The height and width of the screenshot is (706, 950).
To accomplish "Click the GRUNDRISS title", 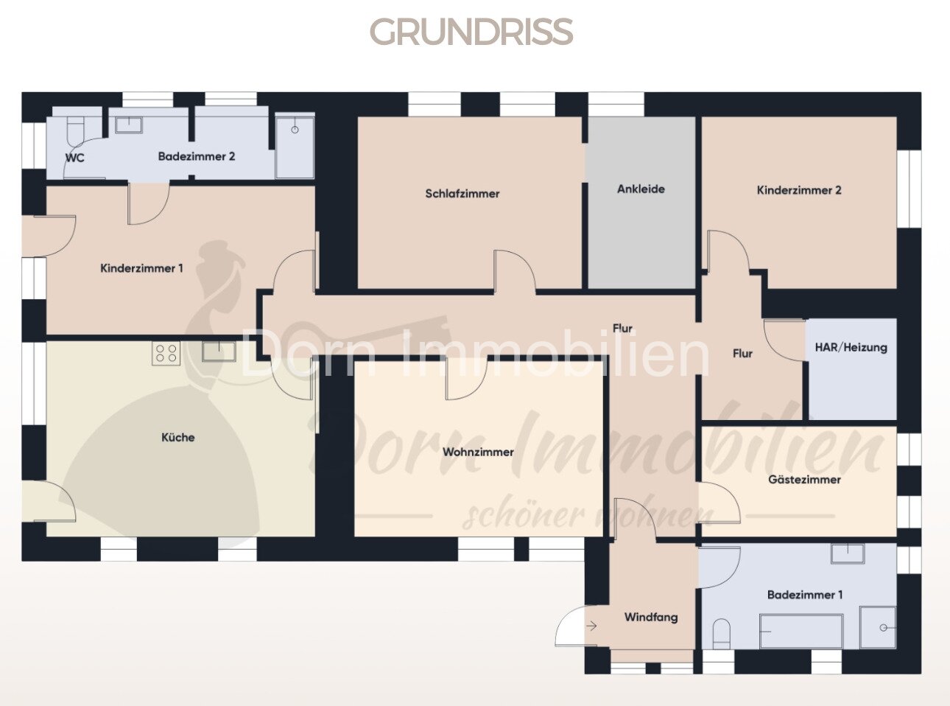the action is pyautogui.click(x=471, y=31).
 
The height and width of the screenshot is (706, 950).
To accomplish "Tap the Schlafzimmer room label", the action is pyautogui.click(x=462, y=194).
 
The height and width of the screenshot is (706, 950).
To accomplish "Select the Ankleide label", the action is pyautogui.click(x=641, y=189).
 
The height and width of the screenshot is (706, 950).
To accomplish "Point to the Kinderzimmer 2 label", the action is pyautogui.click(x=799, y=190).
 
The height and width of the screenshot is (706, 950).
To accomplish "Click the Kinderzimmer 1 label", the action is pyautogui.click(x=141, y=268).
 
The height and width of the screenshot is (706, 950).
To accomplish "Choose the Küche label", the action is pyautogui.click(x=177, y=437).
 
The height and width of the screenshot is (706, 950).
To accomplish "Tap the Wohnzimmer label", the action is pyautogui.click(x=478, y=452).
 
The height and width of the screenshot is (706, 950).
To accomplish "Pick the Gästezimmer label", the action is pyautogui.click(x=804, y=479).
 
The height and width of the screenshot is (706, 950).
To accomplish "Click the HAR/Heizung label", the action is pyautogui.click(x=851, y=347).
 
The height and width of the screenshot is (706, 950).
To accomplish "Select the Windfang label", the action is pyautogui.click(x=650, y=618).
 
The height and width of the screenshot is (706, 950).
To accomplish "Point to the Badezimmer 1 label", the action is pyautogui.click(x=804, y=595).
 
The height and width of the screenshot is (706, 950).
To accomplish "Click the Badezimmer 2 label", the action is pyautogui.click(x=196, y=156).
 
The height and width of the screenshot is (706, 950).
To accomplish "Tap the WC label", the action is pyautogui.click(x=75, y=158).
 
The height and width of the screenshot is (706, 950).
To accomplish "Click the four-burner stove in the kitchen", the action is pyautogui.click(x=166, y=354).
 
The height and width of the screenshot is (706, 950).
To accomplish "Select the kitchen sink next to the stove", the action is pyautogui.click(x=219, y=352).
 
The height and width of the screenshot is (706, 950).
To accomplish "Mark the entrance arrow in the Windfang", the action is pyautogui.click(x=591, y=626).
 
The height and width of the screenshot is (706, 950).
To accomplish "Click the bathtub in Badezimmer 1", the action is pyautogui.click(x=801, y=632).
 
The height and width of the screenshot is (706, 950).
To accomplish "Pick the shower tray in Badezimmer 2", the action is pyautogui.click(x=295, y=146).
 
